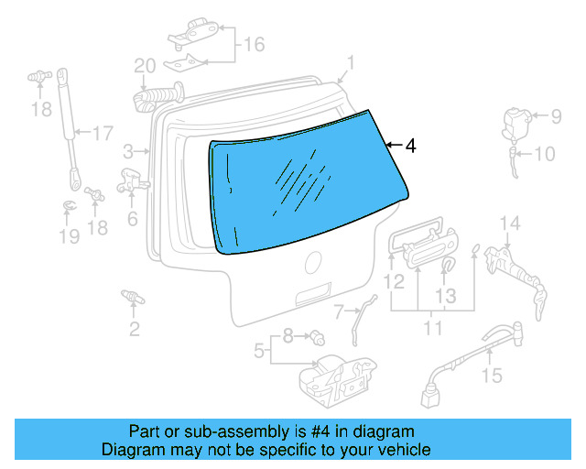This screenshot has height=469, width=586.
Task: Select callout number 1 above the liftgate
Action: pyautogui.click(x=350, y=63)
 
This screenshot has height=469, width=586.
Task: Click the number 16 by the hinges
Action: pyautogui.click(x=253, y=44)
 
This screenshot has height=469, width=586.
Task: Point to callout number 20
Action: pyautogui.click(x=146, y=66)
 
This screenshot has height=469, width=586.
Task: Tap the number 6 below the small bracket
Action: pyautogui.click(x=133, y=219)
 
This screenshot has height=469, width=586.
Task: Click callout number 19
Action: pyautogui.click(x=70, y=237)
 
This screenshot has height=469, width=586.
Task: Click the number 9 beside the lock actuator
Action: pyautogui.click(x=555, y=116)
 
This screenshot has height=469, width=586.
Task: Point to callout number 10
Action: pyautogui.click(x=544, y=154)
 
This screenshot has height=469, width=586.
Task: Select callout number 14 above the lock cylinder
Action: pyautogui.click(x=509, y=224)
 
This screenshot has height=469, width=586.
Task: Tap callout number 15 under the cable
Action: pyautogui.click(x=493, y=375)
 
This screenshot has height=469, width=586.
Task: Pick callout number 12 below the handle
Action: pyautogui.click(x=395, y=283)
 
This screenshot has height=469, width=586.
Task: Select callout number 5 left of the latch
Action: pyautogui.click(x=259, y=349)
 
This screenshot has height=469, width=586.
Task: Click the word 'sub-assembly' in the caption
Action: pyautogui.click(x=201, y=431)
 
